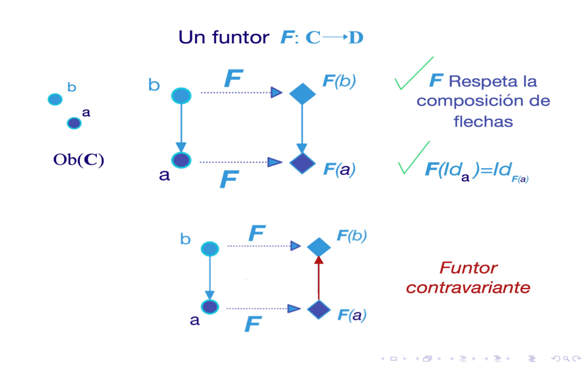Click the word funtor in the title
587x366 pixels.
click(x=240, y=38)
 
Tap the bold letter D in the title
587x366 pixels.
click(x=356, y=38)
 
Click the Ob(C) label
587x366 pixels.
click(x=79, y=160)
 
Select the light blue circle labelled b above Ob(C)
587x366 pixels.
click(x=55, y=99)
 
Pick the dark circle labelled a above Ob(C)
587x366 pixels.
click(x=74, y=123)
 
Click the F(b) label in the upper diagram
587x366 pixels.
click(x=339, y=81)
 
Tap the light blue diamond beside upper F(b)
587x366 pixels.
click(x=302, y=93)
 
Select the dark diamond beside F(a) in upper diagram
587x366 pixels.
click(x=302, y=163)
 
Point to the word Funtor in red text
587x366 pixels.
click(x=468, y=268)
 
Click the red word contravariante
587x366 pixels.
click(x=468, y=287)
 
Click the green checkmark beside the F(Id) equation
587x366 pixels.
click(x=413, y=158)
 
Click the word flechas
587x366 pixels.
click(x=483, y=121)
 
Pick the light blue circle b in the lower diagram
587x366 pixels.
click(x=210, y=248)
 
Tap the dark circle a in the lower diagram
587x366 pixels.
click(x=210, y=307)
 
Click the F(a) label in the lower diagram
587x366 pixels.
click(x=352, y=314)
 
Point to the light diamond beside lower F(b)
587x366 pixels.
click(x=319, y=247)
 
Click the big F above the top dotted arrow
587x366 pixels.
click(x=233, y=79)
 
